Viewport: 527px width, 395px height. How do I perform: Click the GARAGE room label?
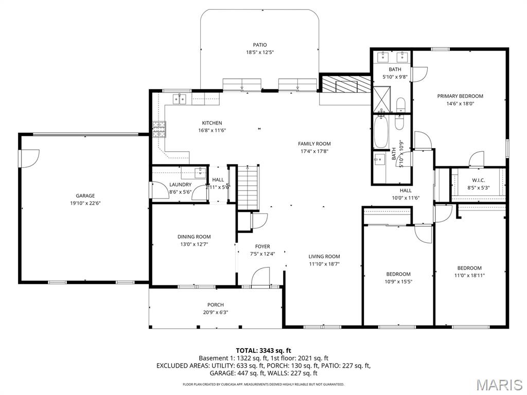(85, 195)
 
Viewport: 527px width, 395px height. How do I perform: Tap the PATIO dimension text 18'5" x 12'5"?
(259, 52)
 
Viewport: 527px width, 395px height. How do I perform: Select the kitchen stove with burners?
(160, 129)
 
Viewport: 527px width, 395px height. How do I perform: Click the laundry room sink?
(200, 173)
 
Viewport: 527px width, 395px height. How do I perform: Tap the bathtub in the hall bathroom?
(381, 132)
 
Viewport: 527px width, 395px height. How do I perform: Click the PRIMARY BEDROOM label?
(460, 96)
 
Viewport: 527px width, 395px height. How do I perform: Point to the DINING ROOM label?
(194, 237)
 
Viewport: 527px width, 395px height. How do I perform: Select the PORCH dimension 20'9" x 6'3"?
(215, 312)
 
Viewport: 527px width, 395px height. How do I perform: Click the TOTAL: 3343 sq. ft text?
(263, 351)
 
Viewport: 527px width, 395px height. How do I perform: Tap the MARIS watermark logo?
(499, 385)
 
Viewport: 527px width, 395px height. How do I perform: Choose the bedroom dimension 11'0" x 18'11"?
(469, 275)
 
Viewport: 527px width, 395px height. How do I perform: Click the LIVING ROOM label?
(324, 257)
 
